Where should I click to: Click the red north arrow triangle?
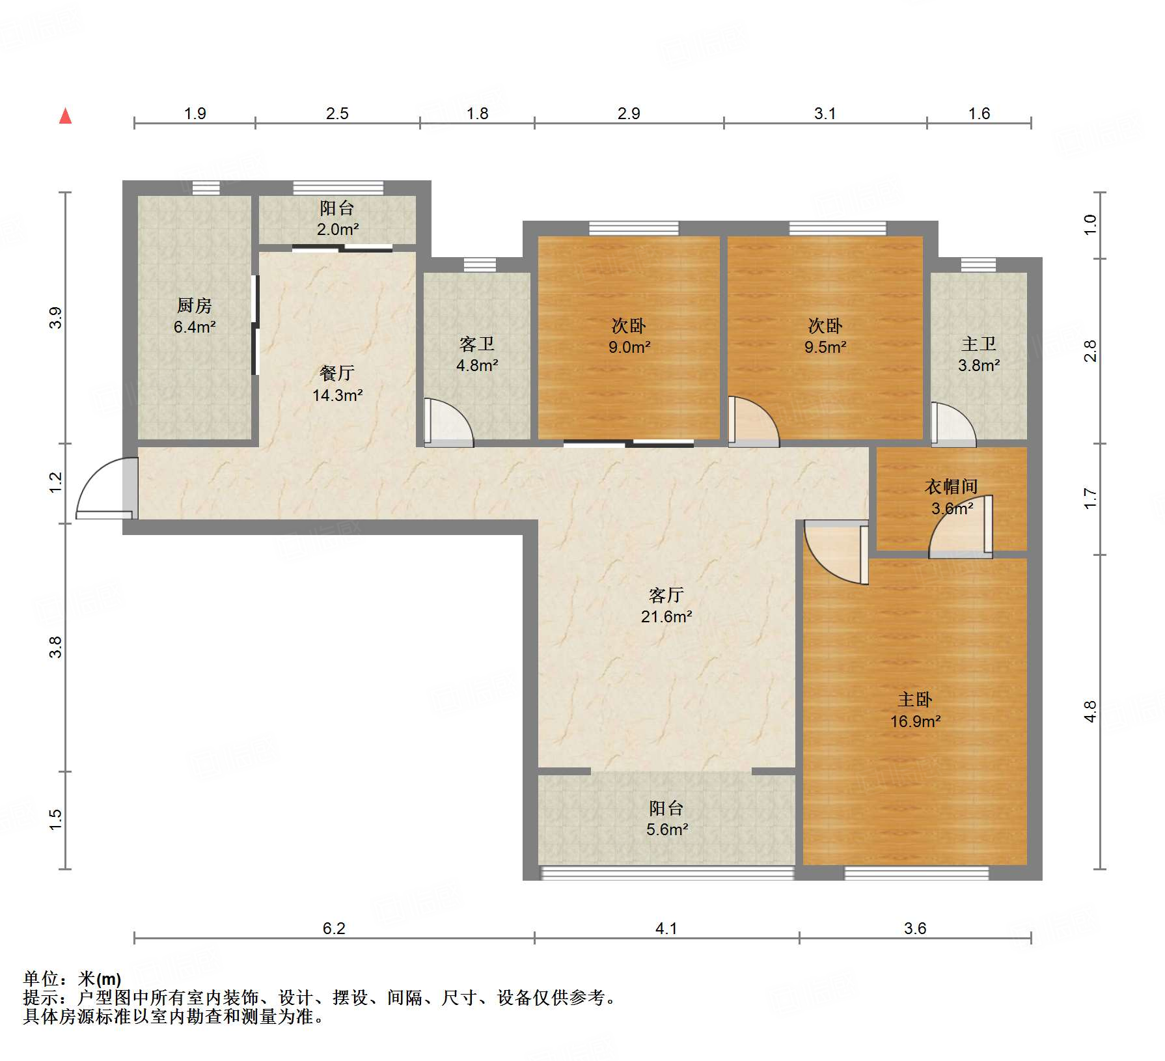65,116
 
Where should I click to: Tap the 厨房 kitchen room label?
194,305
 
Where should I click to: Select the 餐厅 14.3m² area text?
337,395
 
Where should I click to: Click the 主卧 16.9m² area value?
916,721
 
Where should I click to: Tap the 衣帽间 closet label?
951,486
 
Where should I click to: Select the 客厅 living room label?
666,595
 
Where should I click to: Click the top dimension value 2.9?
629,113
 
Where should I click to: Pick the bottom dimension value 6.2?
334,928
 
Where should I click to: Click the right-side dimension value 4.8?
1091,711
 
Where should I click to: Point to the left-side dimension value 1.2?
56,482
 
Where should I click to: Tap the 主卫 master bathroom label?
979,344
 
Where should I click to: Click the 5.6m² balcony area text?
667,829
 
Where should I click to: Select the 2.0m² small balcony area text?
338,229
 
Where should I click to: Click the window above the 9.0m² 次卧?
634,228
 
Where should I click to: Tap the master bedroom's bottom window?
916,873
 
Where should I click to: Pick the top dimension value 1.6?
979,113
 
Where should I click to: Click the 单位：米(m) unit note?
72,978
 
